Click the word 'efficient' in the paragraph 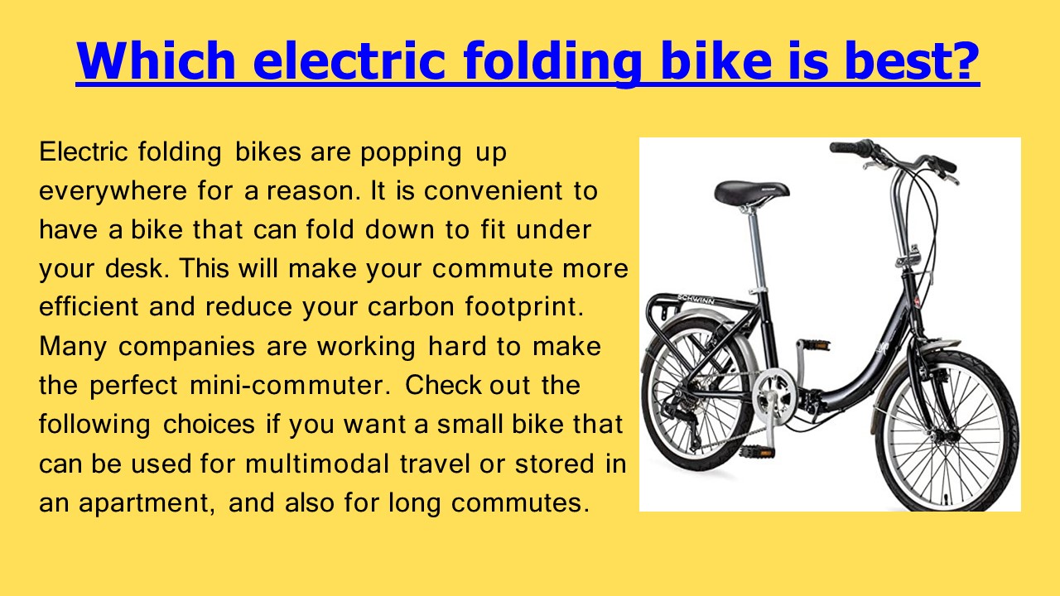tap(89, 307)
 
